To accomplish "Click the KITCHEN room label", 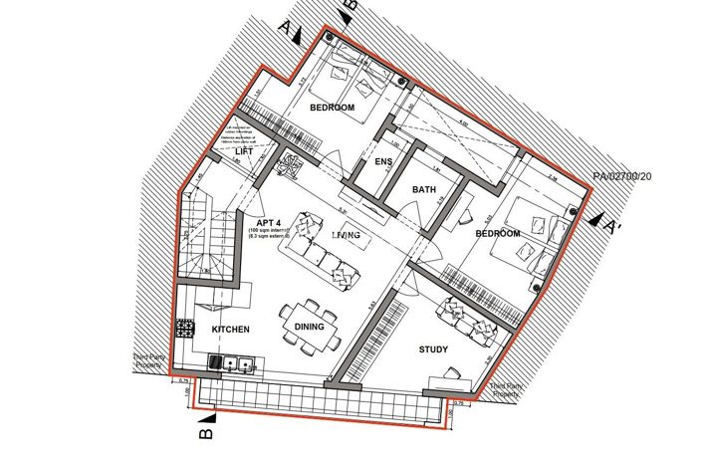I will point(230,329).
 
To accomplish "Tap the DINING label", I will point(310,325).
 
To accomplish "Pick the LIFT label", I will point(244,152).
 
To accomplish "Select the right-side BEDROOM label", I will point(497,233).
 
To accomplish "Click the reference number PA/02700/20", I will point(622,177).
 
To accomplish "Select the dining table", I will point(309,324).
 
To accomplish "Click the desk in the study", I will point(446,379).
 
